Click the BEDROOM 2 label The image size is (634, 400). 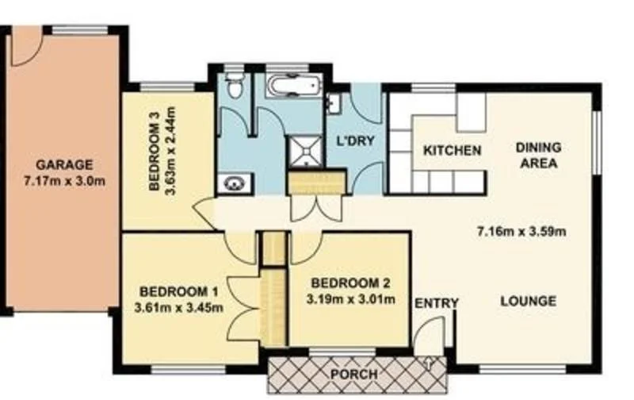click(349, 283)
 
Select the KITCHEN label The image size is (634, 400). click(452, 150)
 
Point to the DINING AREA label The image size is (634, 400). click(538, 156)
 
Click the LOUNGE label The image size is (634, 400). click(528, 302)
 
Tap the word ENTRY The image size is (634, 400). click(436, 302)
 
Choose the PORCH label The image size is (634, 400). click(355, 374)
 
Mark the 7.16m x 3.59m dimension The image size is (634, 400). click(521, 232)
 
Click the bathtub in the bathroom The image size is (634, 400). click(292, 85)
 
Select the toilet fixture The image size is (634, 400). click(234, 87)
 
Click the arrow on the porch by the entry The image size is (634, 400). click(429, 363)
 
